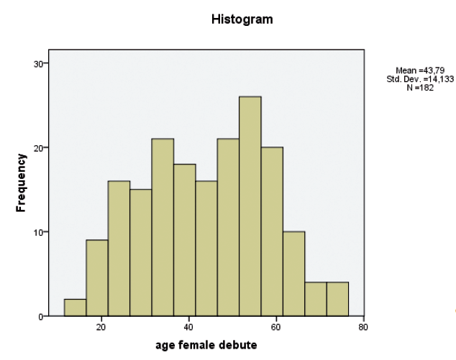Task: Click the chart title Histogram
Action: click(242, 19)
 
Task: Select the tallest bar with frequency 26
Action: click(250, 206)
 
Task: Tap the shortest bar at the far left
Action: click(75, 308)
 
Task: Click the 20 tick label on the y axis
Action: click(38, 148)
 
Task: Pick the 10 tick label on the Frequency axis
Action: click(38, 232)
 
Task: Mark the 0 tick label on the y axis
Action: click(41, 317)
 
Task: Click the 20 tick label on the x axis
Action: click(101, 327)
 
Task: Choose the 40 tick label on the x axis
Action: click(188, 327)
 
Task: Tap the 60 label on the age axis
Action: click(275, 327)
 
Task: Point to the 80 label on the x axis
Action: click(363, 327)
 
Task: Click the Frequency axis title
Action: click(21, 183)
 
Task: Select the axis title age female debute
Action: click(206, 345)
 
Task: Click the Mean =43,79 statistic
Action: click(420, 70)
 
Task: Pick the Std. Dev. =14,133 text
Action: click(420, 79)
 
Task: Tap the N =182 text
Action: click(420, 88)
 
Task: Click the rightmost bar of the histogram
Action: click(337, 299)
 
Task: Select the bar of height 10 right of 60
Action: click(293, 274)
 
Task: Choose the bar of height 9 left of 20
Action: click(97, 278)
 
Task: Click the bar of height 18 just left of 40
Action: click(184, 240)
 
